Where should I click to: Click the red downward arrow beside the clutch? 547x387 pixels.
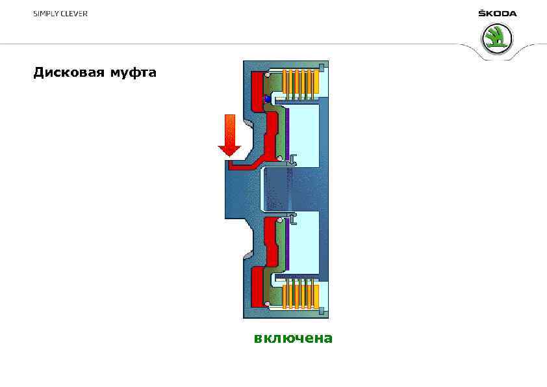[229, 135]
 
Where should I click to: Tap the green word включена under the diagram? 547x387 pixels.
[293, 338]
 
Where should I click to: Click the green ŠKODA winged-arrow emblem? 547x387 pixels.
[497, 39]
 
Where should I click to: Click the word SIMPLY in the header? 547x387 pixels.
[47, 14]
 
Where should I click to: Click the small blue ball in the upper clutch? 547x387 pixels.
[266, 99]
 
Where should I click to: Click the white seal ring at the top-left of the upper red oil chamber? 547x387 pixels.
[266, 75]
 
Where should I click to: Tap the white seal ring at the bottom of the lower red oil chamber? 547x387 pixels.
[267, 304]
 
